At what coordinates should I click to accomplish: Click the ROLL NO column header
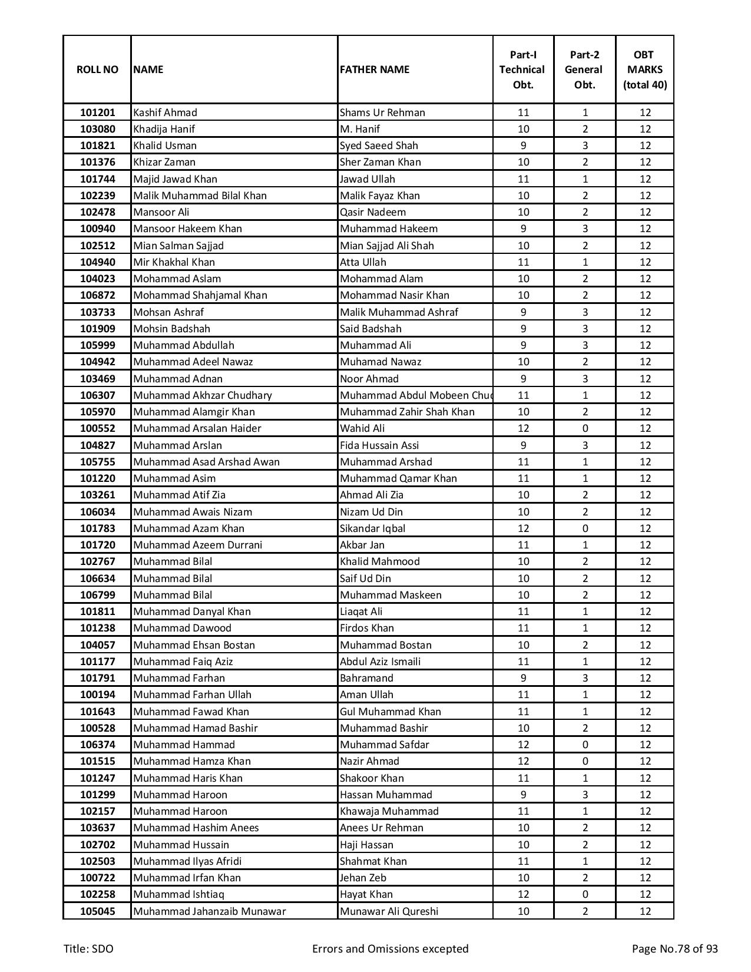coord(97,70)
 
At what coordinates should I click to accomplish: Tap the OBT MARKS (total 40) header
coord(645,70)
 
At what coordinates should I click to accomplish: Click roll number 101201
coord(97,113)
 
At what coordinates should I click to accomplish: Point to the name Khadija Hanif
coord(164,129)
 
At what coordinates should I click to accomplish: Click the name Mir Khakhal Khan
coord(174,262)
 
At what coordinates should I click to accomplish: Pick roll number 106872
coord(97,295)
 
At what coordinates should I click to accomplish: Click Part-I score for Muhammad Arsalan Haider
coord(523,428)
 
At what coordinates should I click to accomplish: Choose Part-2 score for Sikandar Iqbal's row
coord(584,528)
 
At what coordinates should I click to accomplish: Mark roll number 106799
coord(97,595)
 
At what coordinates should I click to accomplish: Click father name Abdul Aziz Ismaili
coord(380,662)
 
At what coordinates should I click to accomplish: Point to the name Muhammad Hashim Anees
coord(196,828)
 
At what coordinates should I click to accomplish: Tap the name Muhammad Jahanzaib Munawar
coord(209,911)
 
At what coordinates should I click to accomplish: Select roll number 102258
coord(97,894)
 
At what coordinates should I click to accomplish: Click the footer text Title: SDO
coord(88,948)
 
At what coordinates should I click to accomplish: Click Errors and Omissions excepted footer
coord(390,948)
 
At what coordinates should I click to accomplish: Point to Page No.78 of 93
coord(674,948)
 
